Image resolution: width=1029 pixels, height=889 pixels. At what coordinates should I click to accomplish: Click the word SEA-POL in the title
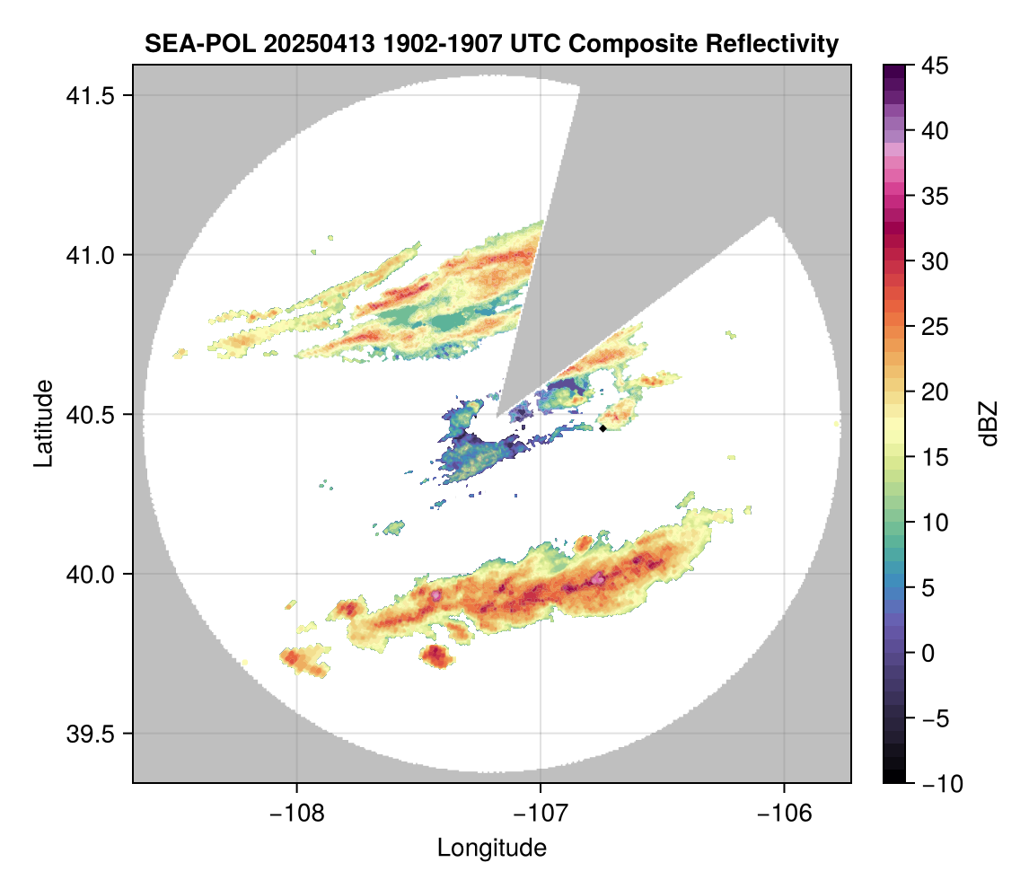pyautogui.click(x=188, y=43)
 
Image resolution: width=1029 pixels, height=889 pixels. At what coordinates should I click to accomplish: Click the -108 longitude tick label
pyautogui.click(x=296, y=813)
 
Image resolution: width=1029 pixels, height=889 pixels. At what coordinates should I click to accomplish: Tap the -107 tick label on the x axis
pyautogui.click(x=541, y=813)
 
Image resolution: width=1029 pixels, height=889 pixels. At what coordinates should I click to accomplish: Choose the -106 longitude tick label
pyautogui.click(x=785, y=813)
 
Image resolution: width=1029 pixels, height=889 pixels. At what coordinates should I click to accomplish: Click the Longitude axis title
pyautogui.click(x=492, y=848)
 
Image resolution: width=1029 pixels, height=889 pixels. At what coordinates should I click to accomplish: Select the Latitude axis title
pyautogui.click(x=42, y=423)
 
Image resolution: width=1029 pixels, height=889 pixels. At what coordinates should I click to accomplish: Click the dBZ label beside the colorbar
pyautogui.click(x=989, y=424)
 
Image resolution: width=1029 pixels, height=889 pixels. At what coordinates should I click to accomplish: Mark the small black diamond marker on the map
pyautogui.click(x=603, y=428)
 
